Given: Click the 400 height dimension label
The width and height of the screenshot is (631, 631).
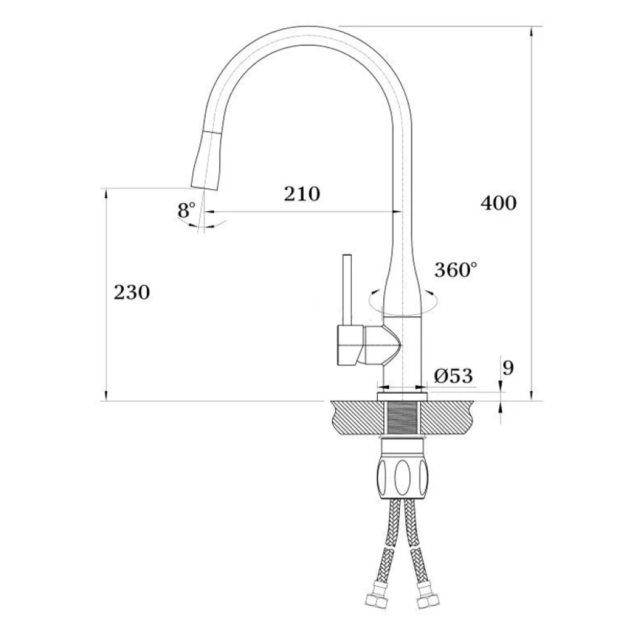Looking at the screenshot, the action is coord(498,203).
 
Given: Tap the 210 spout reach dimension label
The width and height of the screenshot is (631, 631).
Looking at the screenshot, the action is coord(302,193).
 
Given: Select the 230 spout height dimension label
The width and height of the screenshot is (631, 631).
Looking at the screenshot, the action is coord(132,292).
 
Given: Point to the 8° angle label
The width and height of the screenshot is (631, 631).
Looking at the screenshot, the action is coord(186,210).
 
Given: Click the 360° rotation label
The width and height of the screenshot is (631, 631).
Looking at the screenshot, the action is coord(456,269).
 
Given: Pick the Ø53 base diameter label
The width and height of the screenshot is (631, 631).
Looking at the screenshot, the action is coord(453,376).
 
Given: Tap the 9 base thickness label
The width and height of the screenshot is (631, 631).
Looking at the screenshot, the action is coord(508,367).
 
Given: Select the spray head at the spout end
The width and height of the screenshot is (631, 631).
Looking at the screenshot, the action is coord(206,160).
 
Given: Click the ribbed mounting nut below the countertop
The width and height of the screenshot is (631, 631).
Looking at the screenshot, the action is coord(402,478).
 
